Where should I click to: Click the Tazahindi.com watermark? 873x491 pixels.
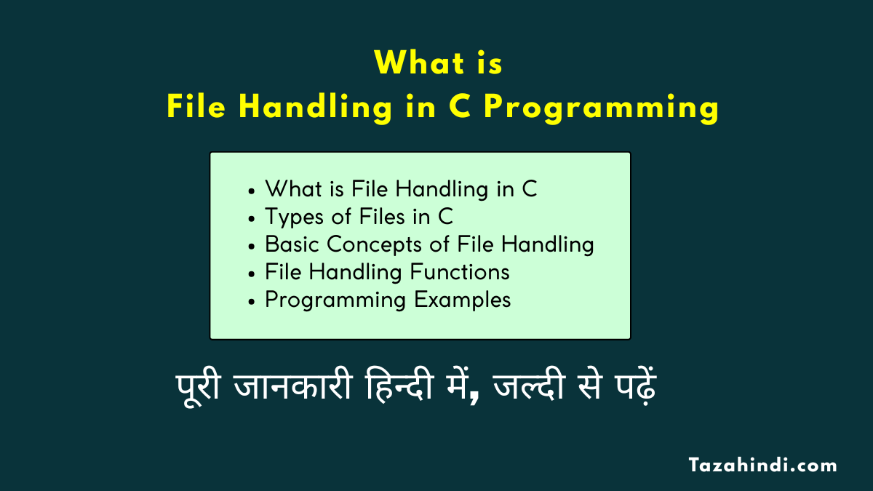click(763, 465)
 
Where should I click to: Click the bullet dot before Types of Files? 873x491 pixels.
click(252, 218)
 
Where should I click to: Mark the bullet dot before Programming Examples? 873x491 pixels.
click(252, 301)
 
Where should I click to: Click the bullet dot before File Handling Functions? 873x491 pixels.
click(252, 274)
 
